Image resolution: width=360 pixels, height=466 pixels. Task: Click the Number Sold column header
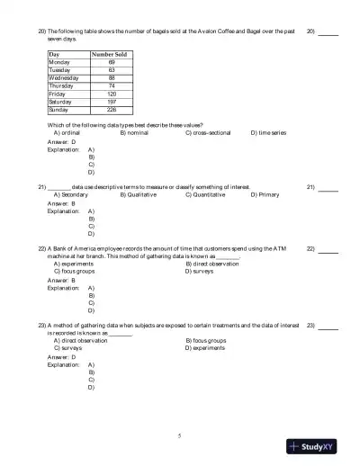coord(111,55)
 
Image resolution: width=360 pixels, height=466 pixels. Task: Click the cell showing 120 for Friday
coord(112,94)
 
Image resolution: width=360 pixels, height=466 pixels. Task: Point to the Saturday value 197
coord(112,102)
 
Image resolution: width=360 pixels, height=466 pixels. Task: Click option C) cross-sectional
coord(208,132)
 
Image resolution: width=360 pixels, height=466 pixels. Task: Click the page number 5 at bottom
coord(179,435)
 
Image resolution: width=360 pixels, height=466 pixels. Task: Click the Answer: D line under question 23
coord(62,357)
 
